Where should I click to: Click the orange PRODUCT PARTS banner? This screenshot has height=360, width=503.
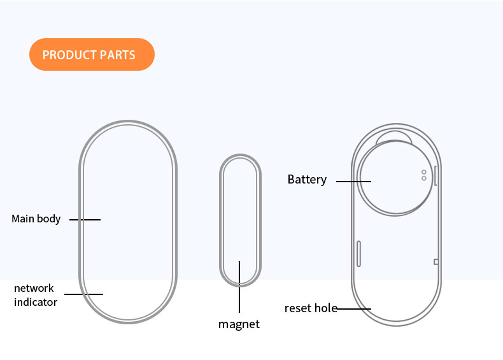[92, 55]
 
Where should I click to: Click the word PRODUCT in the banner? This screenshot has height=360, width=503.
[66, 55]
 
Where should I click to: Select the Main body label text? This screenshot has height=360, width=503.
[36, 219]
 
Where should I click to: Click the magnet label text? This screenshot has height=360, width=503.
[239, 324]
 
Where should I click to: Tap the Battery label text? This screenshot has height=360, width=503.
[307, 180]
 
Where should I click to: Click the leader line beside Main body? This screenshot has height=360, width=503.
[85, 220]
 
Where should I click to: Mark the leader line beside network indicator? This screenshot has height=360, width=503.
[83, 294]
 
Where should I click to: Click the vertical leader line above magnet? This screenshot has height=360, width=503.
[239, 287]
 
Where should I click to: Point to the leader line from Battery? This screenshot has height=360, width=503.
[353, 181]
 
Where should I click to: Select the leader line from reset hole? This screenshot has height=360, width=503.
[353, 309]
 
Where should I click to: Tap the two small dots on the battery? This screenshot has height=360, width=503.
[423, 175]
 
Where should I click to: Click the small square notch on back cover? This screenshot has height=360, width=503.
[436, 261]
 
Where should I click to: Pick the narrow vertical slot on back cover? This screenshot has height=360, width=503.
[359, 254]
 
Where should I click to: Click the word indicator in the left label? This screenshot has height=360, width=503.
[36, 302]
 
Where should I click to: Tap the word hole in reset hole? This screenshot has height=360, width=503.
[325, 308]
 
